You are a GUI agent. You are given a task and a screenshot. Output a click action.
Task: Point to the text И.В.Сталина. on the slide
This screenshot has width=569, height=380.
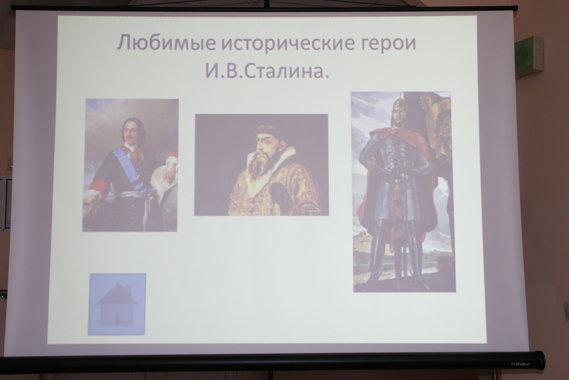pyautogui.click(x=267, y=71)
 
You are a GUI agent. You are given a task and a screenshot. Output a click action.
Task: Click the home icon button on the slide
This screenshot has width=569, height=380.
pyautogui.click(x=117, y=304)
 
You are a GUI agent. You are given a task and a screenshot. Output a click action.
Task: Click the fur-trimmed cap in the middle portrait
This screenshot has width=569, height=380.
pyautogui.click(x=267, y=129)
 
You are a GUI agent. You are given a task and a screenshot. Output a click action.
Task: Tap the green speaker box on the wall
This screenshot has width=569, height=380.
pyautogui.click(x=529, y=56)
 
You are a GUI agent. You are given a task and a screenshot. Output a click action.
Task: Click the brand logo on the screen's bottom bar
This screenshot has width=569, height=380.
pyautogui.click(x=520, y=363)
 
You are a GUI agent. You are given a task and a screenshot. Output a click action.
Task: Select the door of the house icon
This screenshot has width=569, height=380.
pyautogui.click(x=117, y=320)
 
